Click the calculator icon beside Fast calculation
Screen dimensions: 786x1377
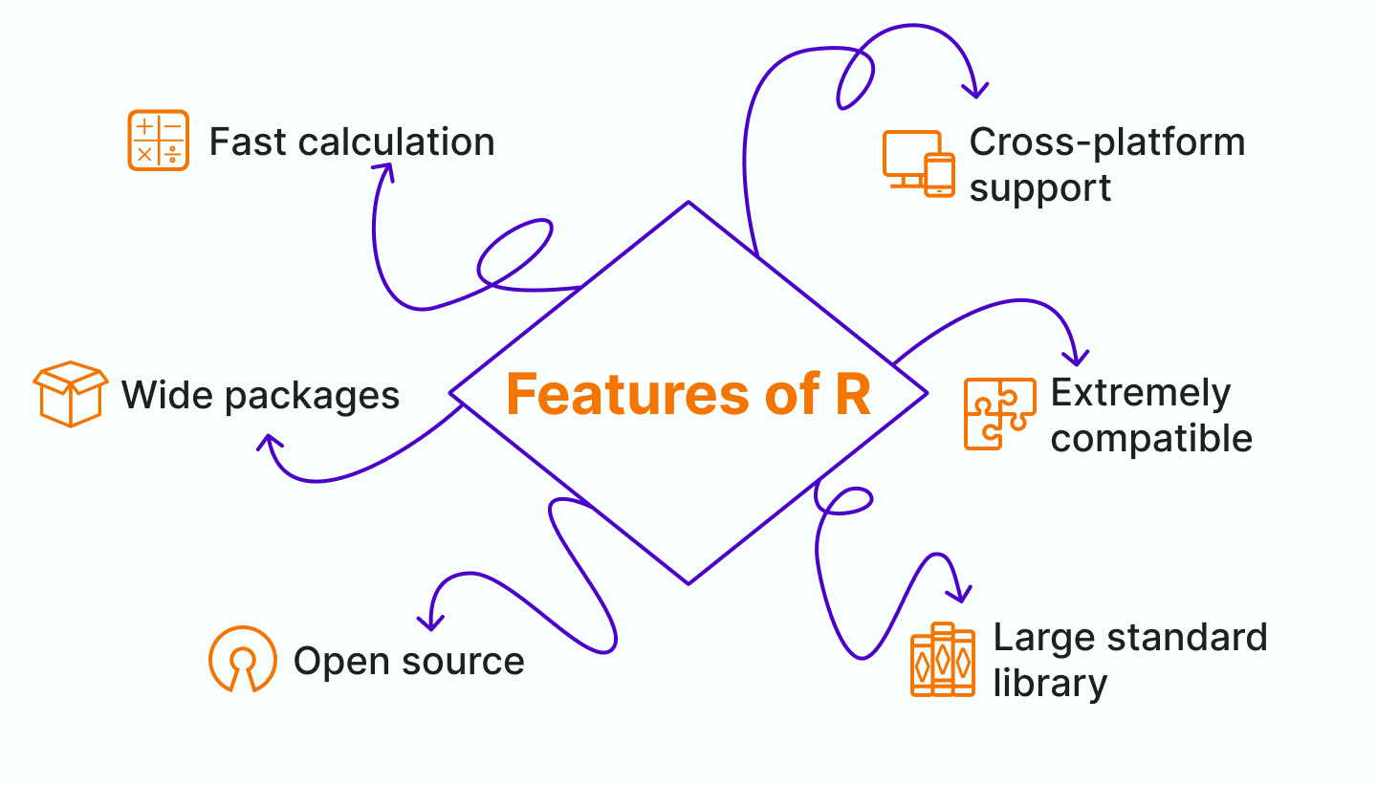pyautogui.click(x=158, y=141)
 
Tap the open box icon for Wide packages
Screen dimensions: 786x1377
pyautogui.click(x=70, y=393)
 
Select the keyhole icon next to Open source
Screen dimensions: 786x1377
pyautogui.click(x=243, y=659)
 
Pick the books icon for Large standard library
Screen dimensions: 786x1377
pyautogui.click(x=943, y=660)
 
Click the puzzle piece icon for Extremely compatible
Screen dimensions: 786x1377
pyautogui.click(x=999, y=413)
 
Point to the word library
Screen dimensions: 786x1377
pyautogui.click(x=1050, y=684)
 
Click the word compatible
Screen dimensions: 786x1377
pyautogui.click(x=1151, y=439)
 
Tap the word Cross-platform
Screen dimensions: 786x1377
pyautogui.click(x=1107, y=142)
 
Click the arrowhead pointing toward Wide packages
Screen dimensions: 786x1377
pyautogui.click(x=271, y=442)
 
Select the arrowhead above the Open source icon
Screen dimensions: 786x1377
pyautogui.click(x=431, y=623)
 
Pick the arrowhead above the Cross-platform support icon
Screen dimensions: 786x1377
pyautogui.click(x=975, y=91)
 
